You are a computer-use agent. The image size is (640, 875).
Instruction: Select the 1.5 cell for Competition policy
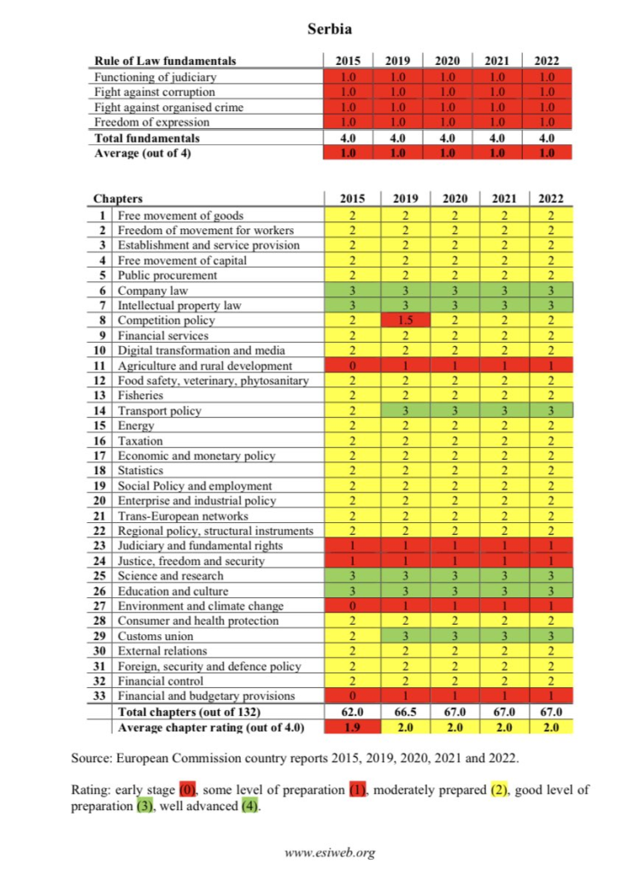click(401, 320)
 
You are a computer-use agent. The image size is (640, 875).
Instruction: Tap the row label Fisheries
click(142, 396)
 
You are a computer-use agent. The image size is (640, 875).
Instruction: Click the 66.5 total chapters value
click(401, 712)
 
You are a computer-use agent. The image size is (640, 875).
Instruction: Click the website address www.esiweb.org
click(329, 852)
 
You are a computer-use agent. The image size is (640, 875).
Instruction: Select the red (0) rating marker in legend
click(189, 790)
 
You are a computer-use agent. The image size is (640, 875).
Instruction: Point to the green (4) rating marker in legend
click(249, 807)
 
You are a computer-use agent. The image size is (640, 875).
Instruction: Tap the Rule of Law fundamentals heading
click(165, 61)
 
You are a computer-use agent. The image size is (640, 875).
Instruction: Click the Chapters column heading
click(118, 200)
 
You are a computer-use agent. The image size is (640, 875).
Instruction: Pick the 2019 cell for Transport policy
click(401, 411)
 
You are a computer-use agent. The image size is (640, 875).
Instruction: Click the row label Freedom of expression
click(152, 122)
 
